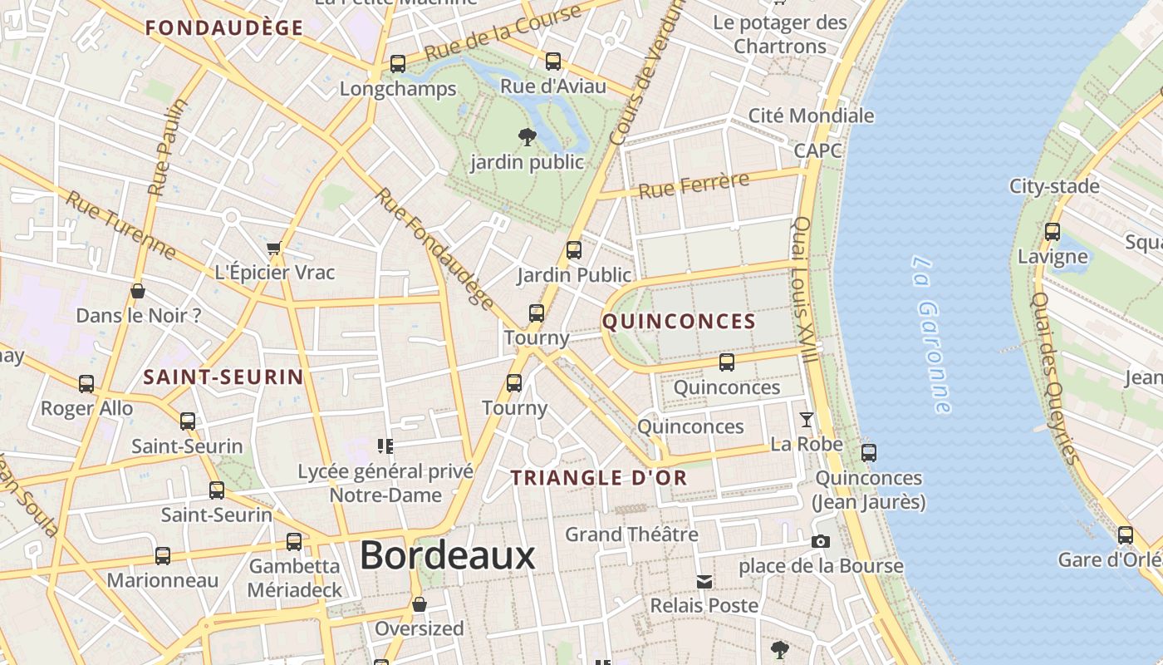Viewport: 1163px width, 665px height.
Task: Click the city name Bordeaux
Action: coord(448,555)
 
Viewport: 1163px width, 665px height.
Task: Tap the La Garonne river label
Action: coord(930,334)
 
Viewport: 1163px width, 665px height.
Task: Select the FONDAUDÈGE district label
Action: coord(224,28)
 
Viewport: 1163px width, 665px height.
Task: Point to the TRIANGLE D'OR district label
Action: coord(599,478)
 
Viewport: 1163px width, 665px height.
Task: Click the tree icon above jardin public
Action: coord(527,136)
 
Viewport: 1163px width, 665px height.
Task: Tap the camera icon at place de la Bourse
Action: coord(821,542)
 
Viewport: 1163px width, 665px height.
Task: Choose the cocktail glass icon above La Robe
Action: coord(806,419)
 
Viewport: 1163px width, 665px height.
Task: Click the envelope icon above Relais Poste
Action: coord(704,581)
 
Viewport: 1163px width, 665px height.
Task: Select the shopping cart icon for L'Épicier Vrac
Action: coord(274,248)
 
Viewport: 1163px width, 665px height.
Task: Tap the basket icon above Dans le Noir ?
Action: coord(138,291)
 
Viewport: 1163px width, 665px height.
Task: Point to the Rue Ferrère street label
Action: coord(694,185)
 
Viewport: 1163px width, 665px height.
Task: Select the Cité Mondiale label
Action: coord(811,116)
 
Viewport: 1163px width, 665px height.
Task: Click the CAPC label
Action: coord(817,150)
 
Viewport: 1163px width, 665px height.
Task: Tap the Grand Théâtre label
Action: coord(631,534)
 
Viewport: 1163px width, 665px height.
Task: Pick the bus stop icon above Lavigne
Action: coord(1053,232)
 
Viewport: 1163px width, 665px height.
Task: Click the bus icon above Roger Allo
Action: coord(86,384)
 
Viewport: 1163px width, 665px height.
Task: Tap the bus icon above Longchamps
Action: coord(398,64)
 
